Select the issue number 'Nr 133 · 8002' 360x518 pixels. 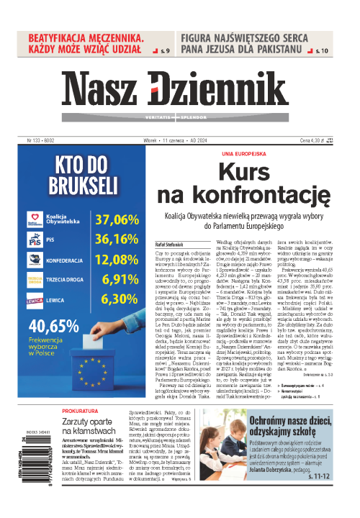coord(32,140)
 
